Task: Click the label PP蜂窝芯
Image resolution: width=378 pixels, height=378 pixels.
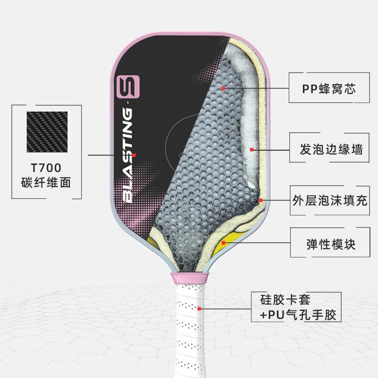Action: coord(328,88)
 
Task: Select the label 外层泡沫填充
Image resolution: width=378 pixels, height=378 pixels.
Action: coord(329,200)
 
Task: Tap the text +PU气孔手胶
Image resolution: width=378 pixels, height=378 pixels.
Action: coord(299,315)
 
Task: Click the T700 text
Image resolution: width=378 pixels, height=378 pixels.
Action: coord(47,168)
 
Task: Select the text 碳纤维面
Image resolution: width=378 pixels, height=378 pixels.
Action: coord(47,182)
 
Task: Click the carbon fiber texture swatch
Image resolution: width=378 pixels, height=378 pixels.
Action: coord(47,132)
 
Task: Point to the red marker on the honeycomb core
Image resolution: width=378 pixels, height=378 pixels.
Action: coord(223,88)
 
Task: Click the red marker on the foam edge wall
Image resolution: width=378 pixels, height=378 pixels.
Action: coord(252,150)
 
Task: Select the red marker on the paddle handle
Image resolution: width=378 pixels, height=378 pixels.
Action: coord(200,308)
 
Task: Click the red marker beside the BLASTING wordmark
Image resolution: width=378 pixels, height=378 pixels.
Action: coord(134,155)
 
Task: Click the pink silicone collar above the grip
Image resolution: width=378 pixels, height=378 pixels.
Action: coord(188,278)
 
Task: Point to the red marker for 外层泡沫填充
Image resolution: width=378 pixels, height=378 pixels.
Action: coord(260,200)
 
